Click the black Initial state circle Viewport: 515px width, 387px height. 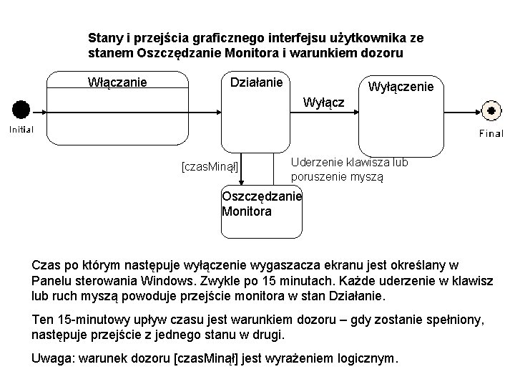coord(21,110)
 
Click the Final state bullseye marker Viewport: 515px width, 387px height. coord(491,111)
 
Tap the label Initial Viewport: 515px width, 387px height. coord(21,129)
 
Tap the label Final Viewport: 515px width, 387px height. coord(491,133)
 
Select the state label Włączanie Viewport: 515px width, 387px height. coord(117,82)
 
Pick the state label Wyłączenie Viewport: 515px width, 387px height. coord(401,87)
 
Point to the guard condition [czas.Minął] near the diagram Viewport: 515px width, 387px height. coord(210,167)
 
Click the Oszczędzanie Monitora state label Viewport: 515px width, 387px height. coord(262,204)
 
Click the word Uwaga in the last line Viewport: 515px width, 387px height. coord(52,358)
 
